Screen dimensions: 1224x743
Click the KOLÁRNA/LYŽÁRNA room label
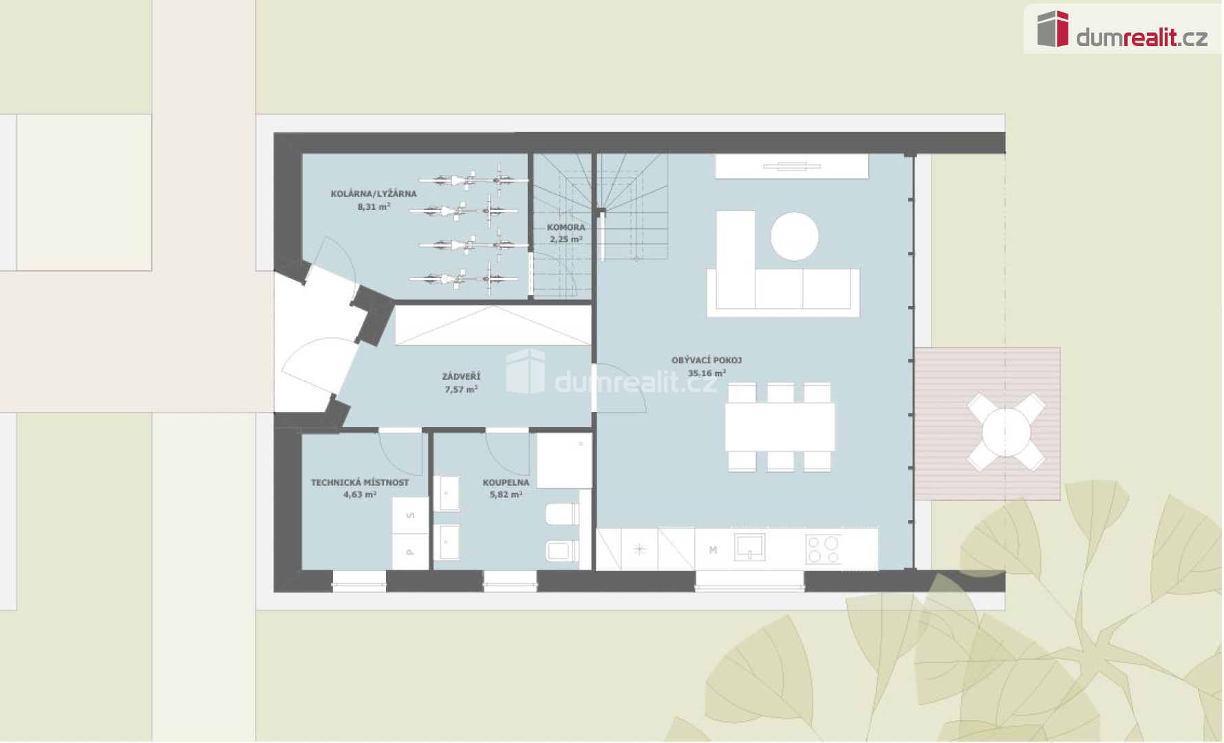pos(374,194)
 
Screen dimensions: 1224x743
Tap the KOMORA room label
pos(566,227)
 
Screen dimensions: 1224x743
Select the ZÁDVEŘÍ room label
pos(461,376)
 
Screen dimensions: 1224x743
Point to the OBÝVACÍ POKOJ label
pos(707,360)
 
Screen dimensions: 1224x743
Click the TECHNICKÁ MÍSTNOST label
pos(360,482)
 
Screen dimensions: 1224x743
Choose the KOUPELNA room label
pos(506,482)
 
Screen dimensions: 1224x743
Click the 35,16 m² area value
pos(707,374)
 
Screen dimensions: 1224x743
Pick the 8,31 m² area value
pos(374,206)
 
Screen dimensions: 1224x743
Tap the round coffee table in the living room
pos(795,236)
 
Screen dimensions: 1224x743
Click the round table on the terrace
pos(1007,433)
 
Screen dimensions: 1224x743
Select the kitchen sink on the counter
pos(750,548)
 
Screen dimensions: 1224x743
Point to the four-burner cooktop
pos(824,549)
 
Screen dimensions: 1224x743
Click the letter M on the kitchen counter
pos(713,550)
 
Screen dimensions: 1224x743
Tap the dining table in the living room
pos(780,427)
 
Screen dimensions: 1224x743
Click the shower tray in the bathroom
pos(564,460)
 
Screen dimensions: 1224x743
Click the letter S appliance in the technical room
pos(411,515)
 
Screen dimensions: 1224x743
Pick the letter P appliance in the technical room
pos(411,552)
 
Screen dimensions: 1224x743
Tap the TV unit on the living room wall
pos(792,166)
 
